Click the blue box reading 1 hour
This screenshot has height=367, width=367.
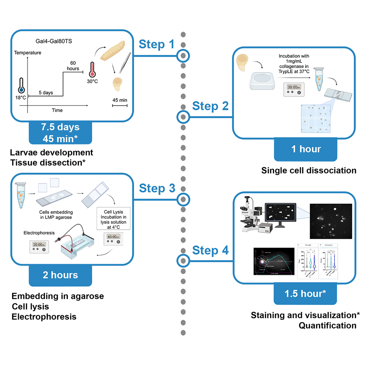(x=305, y=149)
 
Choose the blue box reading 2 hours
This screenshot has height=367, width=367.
(x=60, y=275)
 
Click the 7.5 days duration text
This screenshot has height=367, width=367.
(x=60, y=127)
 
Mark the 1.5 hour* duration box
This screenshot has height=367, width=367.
(x=305, y=294)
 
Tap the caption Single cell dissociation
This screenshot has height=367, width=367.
(x=309, y=171)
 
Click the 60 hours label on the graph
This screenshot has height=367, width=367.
(x=73, y=65)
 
